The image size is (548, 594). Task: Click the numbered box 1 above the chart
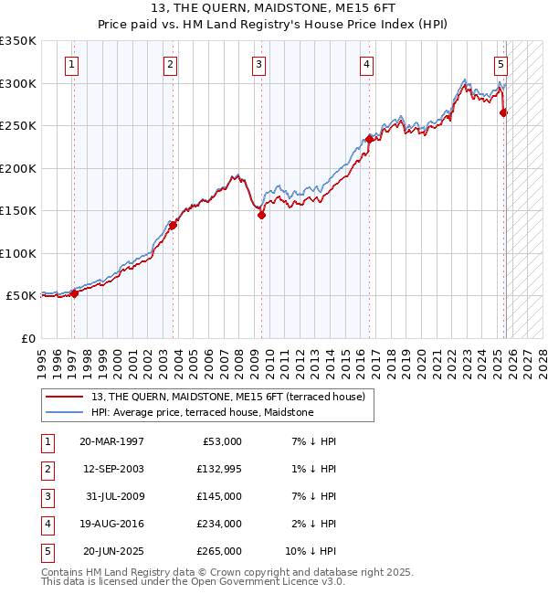point(71,64)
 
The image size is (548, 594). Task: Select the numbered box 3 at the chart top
point(259,64)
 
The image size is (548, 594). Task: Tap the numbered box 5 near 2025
point(501,64)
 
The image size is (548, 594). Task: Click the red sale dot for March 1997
point(75,293)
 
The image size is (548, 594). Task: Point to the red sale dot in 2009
point(261,216)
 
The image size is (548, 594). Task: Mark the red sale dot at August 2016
point(369,139)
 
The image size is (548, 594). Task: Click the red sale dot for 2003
point(173,225)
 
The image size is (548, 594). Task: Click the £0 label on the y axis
point(27,338)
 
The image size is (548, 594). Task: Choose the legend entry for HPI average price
point(202,412)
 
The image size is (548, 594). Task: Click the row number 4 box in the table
point(46,523)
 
